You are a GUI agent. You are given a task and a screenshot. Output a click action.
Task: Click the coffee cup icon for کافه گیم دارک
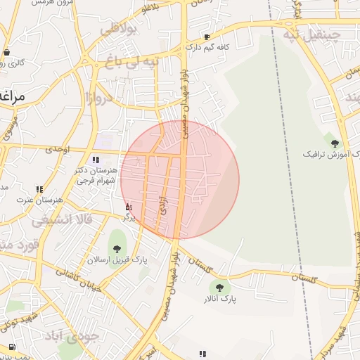point(207,37)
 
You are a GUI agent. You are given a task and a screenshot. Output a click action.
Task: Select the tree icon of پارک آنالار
point(220,288)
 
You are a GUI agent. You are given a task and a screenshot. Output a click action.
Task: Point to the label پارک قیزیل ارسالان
point(117,260)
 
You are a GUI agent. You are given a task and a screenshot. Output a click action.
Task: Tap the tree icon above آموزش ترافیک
point(335,143)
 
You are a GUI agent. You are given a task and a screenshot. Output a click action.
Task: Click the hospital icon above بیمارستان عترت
point(39,189)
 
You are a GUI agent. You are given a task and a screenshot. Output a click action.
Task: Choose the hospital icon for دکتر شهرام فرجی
point(96,160)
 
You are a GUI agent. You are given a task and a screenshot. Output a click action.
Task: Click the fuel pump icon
point(12,347)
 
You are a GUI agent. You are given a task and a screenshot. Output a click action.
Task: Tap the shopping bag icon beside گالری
point(6,51)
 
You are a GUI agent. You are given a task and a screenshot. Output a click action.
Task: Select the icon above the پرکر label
point(127,207)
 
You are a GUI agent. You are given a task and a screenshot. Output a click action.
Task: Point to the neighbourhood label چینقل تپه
point(311,34)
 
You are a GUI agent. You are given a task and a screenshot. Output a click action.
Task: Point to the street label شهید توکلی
point(18,323)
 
